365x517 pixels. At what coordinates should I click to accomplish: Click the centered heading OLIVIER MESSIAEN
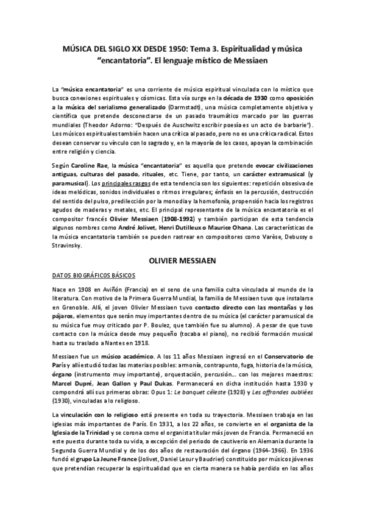tap(184, 260)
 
